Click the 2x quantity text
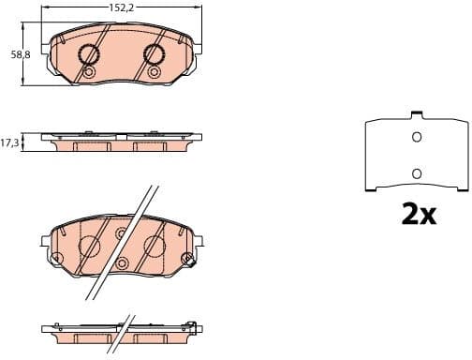tap(418, 216)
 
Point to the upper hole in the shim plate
tap(418, 138)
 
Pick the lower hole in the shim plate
tap(418, 173)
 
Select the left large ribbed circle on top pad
tap(90, 54)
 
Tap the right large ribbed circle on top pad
tap(155, 54)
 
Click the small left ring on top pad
tap(89, 72)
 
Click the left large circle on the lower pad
tap(89, 247)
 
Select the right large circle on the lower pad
tap(154, 247)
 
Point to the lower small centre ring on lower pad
tap(121, 263)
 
